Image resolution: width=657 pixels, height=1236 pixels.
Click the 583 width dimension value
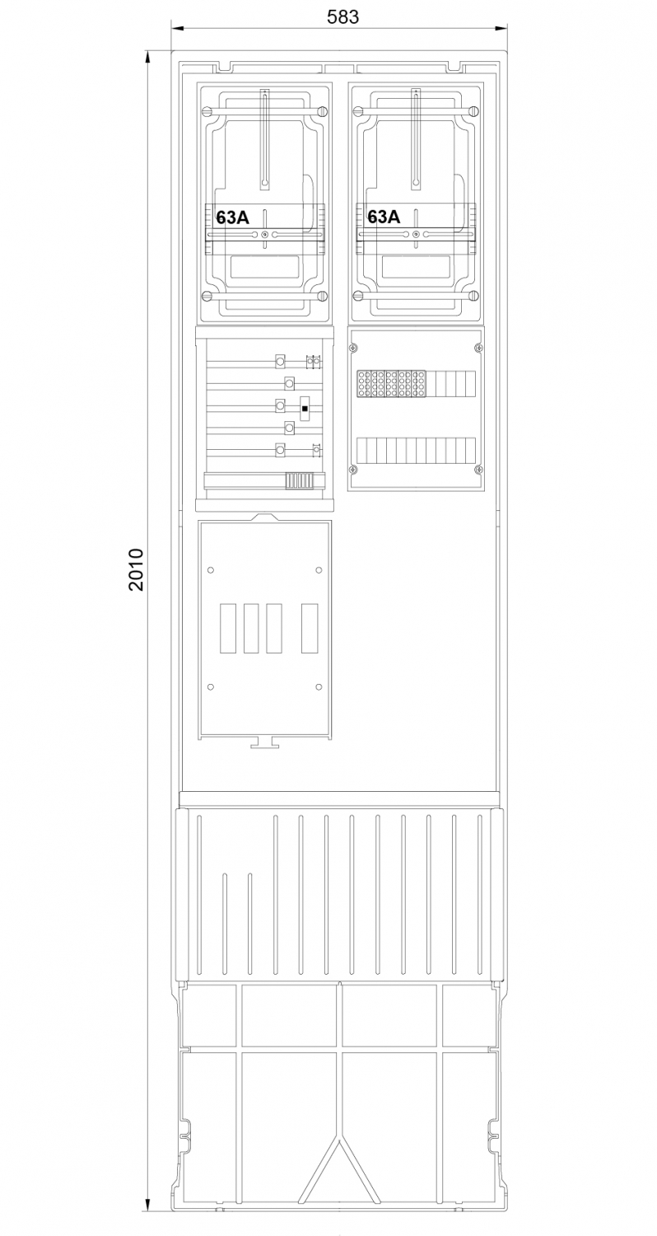pyautogui.click(x=342, y=17)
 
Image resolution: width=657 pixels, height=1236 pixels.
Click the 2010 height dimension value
pyautogui.click(x=136, y=569)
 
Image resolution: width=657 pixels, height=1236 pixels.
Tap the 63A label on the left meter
pyautogui.click(x=232, y=218)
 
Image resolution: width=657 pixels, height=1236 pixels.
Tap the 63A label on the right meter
pyautogui.click(x=384, y=217)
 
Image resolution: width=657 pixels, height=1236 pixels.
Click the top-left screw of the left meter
pyautogui.click(x=207, y=111)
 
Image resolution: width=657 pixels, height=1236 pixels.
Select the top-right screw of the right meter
pyautogui.click(x=473, y=111)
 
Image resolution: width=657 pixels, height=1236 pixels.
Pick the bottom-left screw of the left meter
pyautogui.click(x=207, y=297)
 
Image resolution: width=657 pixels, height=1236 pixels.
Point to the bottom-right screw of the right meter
pyautogui.click(x=473, y=297)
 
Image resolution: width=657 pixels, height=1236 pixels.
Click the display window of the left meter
pyautogui.click(x=264, y=267)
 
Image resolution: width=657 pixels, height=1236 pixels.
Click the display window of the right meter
pyautogui.click(x=416, y=267)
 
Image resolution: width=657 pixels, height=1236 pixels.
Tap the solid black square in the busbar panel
pyautogui.click(x=305, y=409)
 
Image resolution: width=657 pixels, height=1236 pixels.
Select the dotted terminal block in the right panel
pyautogui.click(x=391, y=383)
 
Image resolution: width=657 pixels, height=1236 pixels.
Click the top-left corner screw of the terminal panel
pyautogui.click(x=352, y=348)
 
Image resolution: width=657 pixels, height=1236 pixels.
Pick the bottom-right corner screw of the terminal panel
pyautogui.click(x=479, y=470)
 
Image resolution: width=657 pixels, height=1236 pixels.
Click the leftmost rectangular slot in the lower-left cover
pyautogui.click(x=228, y=629)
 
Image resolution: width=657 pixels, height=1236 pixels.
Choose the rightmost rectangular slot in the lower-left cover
pyautogui.click(x=310, y=629)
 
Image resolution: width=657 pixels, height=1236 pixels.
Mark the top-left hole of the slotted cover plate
pyautogui.click(x=211, y=570)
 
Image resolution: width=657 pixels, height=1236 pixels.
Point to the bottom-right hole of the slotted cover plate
pyautogui.click(x=319, y=687)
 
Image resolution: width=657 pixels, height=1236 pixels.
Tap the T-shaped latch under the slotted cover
pyautogui.click(x=264, y=742)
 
